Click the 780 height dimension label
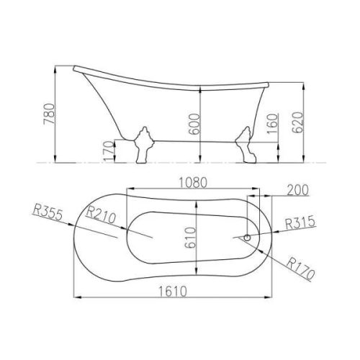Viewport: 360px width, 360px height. tap(49, 114)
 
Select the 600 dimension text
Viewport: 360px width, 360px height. tap(194, 124)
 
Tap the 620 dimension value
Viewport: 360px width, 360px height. tap(297, 122)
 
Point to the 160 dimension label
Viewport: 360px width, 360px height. tap(272, 124)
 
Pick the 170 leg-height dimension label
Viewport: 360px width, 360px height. tap(109, 151)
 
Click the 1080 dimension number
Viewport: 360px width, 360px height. tap(193, 183)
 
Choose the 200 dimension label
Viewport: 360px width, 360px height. tap(297, 190)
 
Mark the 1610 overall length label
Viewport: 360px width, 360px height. tap(172, 292)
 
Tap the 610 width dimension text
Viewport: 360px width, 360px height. tap(191, 238)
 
